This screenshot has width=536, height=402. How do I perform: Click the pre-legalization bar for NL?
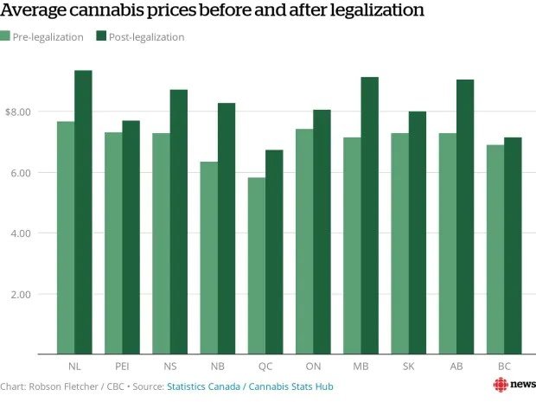[x=66, y=238]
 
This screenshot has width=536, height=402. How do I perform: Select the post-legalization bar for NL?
[x=83, y=212]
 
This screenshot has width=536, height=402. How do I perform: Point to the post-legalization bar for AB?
[x=463, y=217]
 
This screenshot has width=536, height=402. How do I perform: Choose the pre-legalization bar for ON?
[x=303, y=241]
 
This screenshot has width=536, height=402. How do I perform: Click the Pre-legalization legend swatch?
[x=5, y=36]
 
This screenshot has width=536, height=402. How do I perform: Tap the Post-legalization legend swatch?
[x=100, y=36]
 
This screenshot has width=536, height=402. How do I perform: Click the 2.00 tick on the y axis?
[x=22, y=294]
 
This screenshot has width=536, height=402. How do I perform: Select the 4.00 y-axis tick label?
[x=22, y=233]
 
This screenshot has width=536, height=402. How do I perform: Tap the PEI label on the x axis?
[x=122, y=367]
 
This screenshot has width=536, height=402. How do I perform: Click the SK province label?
[x=407, y=367]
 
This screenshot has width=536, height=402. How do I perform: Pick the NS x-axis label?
[x=169, y=367]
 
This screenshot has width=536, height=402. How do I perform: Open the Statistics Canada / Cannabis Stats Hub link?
[x=250, y=386]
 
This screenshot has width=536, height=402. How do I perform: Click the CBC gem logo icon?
[x=500, y=385]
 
